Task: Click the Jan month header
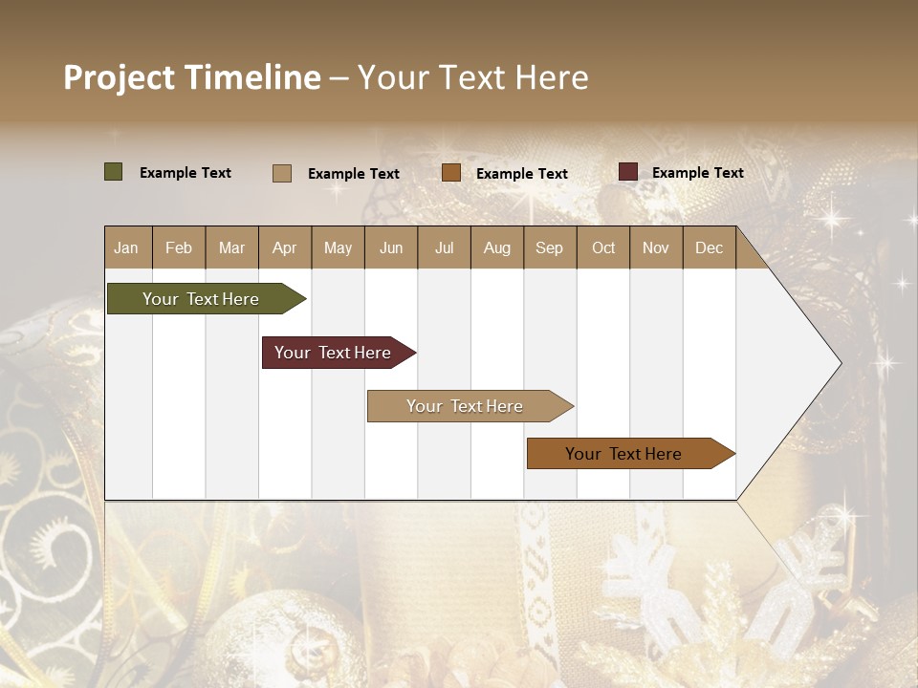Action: [x=126, y=247]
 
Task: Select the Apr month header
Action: [x=284, y=247]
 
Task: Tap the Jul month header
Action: [x=444, y=247]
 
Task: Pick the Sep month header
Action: [x=549, y=247]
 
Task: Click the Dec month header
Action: [x=709, y=247]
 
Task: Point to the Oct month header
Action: [x=602, y=247]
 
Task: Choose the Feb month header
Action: [x=179, y=247]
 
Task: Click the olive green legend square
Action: [x=113, y=172]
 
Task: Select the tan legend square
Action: [x=282, y=173]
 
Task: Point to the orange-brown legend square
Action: [x=451, y=173]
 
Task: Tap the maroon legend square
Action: [x=627, y=172]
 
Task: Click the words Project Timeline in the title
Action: [x=192, y=77]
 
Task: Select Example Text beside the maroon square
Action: [x=697, y=173]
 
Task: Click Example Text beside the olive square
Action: [x=186, y=173]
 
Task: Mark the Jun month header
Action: [x=391, y=247]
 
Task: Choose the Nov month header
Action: [x=656, y=247]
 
